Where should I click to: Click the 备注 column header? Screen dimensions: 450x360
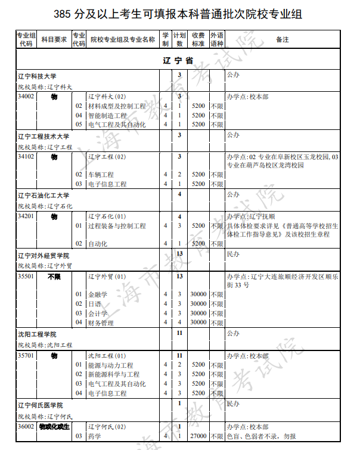(283, 39)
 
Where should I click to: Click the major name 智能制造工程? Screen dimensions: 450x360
(107, 115)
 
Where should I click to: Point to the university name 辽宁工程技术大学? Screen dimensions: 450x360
(44, 136)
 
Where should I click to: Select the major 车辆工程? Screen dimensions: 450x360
(101, 175)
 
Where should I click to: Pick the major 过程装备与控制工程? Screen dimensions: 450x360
(117, 226)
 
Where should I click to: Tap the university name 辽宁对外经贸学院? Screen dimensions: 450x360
(44, 255)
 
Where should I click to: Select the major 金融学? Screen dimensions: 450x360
(98, 294)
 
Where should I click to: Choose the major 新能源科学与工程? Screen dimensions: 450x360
(114, 374)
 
